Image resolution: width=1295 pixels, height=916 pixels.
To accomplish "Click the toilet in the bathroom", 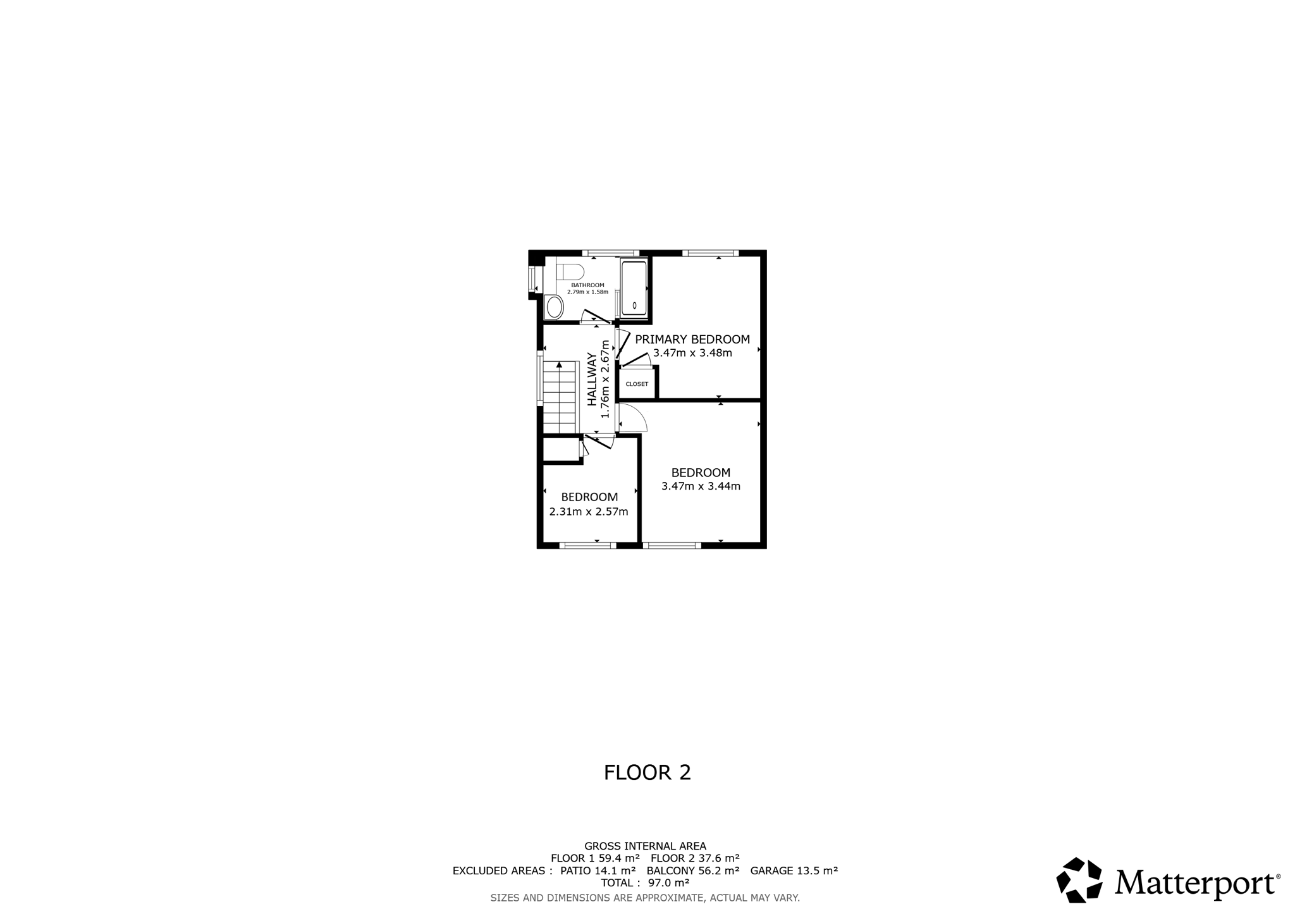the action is pos(570,272).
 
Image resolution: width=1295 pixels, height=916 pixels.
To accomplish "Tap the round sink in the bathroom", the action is pos(555,307).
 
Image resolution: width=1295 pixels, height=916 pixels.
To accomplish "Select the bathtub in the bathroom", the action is pos(634,288).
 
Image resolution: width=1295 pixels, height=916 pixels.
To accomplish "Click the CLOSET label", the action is pos(637,384).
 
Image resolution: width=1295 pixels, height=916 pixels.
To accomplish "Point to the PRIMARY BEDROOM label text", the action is pos(692,339).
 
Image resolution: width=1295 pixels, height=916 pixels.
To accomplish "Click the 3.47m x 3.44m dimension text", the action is pos(701,486).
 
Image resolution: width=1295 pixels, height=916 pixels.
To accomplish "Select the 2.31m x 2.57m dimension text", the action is pos(589,512).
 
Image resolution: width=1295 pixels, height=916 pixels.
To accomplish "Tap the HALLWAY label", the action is pos(592,379).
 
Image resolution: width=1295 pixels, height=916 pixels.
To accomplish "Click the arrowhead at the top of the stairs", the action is pos(559,364).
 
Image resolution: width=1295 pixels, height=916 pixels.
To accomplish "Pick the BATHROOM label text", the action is pos(587,285).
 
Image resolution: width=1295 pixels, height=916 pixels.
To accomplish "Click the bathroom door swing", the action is pos(595,316).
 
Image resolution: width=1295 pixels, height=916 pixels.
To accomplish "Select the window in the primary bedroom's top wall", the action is pos(710,253).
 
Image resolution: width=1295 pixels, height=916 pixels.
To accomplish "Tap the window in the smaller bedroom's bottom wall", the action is pos(587,545).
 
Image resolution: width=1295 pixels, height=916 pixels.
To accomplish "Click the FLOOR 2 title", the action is pos(647,772).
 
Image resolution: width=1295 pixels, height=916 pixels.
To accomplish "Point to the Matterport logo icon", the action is pos(1079,880).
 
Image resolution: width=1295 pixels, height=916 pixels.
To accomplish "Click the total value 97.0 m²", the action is pos(668,882).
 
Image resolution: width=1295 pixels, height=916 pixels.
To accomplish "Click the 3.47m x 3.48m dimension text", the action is pos(692,353).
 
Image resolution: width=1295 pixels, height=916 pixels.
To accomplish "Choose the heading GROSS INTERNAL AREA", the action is pos(645,846).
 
